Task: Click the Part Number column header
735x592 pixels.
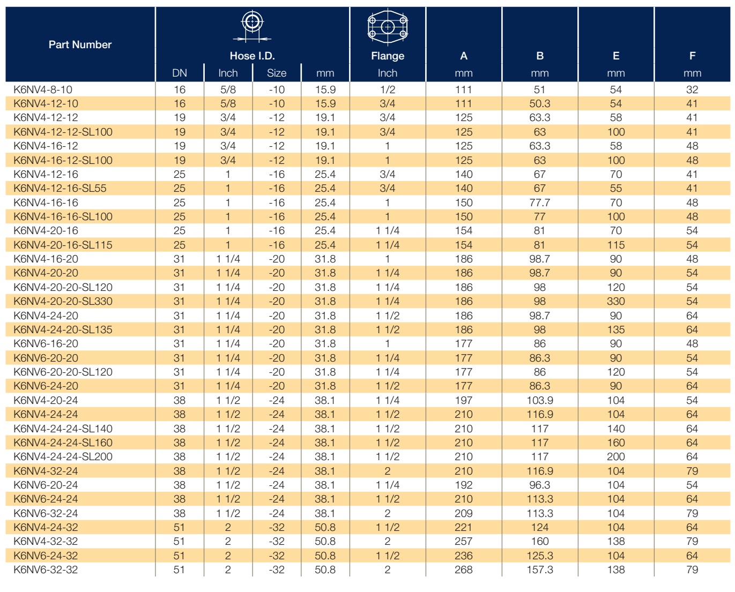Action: pos(80,44)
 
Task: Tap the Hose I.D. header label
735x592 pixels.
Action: pos(252,56)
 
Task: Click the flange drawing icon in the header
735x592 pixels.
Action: pos(388,27)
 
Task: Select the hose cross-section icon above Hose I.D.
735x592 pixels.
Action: pos(252,26)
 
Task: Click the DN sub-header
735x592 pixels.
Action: pos(179,73)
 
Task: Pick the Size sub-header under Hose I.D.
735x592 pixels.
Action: pos(276,73)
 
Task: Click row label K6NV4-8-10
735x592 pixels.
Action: pos(43,90)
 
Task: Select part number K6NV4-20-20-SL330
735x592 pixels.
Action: pos(63,302)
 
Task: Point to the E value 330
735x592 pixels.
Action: pos(616,302)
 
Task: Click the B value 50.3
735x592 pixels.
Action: pos(540,103)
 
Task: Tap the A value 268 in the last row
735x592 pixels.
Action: pos(464,569)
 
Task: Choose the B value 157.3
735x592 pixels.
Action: pos(540,569)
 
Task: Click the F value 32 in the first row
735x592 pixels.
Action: pos(692,90)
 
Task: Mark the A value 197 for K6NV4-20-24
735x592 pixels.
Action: pos(464,400)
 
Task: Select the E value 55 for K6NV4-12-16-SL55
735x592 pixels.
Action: pos(616,188)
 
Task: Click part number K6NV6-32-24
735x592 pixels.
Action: pos(46,513)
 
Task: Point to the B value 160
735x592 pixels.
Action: pos(540,541)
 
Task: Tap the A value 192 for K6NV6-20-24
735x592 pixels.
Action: pos(464,485)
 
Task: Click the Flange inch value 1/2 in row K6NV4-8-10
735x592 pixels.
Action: pos(387,90)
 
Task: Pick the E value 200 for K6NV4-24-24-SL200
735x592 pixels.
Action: pos(616,456)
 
